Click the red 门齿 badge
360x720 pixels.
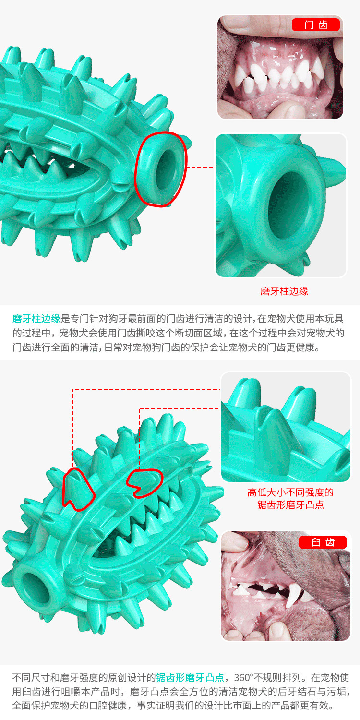click(316, 25)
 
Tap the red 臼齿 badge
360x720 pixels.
click(323, 542)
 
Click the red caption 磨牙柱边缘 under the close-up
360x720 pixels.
click(284, 291)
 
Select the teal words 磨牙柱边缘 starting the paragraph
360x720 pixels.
click(36, 319)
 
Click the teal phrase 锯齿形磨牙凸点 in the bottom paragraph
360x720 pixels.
click(190, 677)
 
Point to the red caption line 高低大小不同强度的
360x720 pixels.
click(290, 492)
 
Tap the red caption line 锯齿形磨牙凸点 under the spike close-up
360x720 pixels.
click(290, 504)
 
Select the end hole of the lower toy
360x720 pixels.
click(36, 588)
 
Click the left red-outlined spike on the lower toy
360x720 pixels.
click(77, 488)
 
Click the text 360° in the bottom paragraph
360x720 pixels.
click(244, 677)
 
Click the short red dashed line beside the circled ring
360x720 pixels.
click(200, 168)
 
